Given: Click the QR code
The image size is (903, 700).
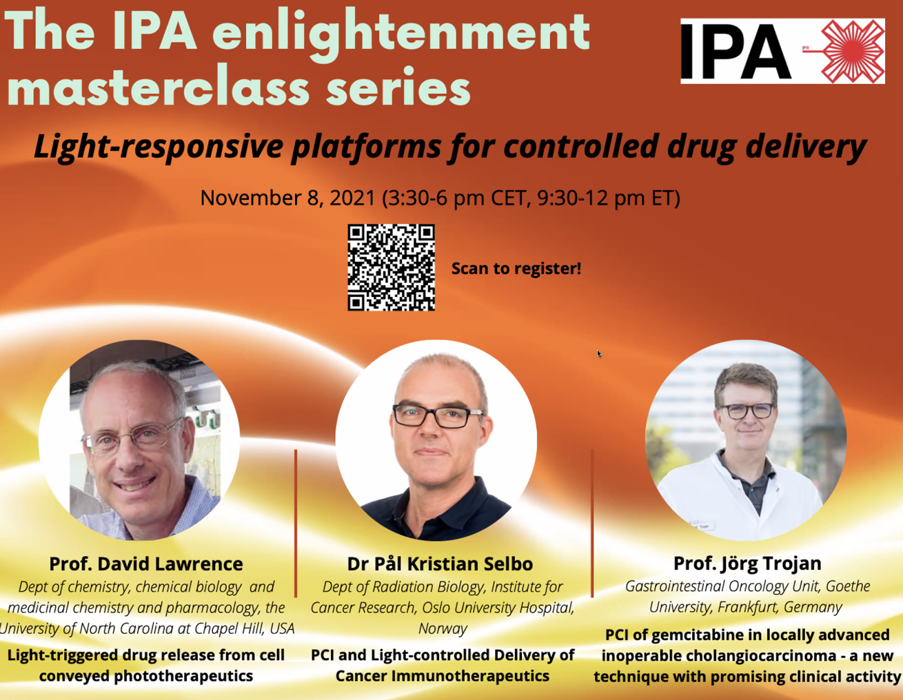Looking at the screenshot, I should (391, 267).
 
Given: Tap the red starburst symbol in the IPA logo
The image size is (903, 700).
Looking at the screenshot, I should (853, 51).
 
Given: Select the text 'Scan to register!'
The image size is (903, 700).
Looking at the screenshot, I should (516, 268).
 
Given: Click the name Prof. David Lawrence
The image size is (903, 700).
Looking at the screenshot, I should (146, 564).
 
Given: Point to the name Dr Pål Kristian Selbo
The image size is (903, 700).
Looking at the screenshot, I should (440, 564).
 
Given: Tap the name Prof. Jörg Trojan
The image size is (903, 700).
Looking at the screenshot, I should (747, 563).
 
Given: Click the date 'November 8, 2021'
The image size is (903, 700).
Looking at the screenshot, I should (288, 198).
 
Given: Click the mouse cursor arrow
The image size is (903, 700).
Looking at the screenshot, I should (599, 353).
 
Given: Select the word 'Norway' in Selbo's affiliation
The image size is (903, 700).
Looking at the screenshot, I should (443, 628).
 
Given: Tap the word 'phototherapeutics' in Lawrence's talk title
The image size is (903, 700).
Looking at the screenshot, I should (183, 676).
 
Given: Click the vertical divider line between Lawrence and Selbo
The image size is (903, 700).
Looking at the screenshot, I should (296, 524).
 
